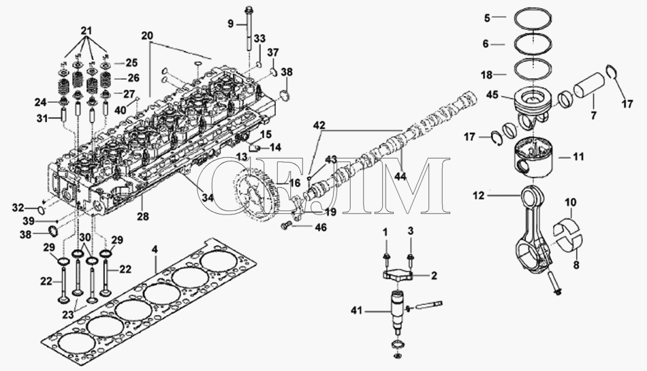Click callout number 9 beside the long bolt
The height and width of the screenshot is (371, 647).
point(231,24)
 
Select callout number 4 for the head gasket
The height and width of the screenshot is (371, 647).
point(155,249)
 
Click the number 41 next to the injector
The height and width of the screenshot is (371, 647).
point(356,310)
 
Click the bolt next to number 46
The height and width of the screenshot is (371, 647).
point(285,225)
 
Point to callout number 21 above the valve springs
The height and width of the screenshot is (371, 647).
point(86,31)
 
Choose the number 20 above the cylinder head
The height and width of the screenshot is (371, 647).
point(147,36)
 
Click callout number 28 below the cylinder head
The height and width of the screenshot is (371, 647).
point(144,216)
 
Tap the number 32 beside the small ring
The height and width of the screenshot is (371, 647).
point(18,208)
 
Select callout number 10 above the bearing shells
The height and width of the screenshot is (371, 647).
point(571,202)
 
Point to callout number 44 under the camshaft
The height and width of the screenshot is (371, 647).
point(400,176)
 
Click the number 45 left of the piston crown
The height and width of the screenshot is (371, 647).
point(492,95)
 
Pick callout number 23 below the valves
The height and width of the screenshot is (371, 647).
point(67,314)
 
